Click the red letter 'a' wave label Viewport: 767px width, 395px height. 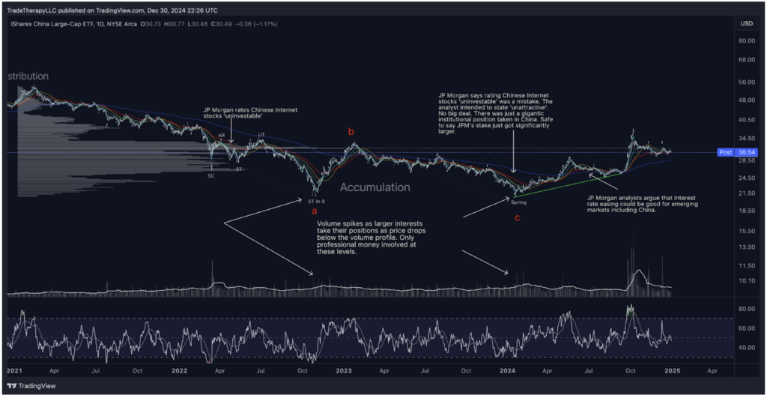[x=314, y=212]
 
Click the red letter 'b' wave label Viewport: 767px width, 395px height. [x=351, y=133]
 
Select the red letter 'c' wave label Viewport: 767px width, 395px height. [x=516, y=218]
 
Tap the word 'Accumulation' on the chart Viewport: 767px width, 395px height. [x=375, y=187]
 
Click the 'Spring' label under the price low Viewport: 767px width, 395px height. [x=519, y=202]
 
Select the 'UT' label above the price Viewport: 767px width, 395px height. [x=261, y=135]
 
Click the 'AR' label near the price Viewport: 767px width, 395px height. [x=222, y=136]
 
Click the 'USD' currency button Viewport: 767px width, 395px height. [x=746, y=23]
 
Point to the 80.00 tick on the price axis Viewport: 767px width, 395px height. [x=745, y=41]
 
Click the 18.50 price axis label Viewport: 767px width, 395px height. [x=745, y=211]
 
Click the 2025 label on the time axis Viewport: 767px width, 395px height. [x=671, y=370]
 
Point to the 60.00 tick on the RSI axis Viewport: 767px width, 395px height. [x=745, y=328]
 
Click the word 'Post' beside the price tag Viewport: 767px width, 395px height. [x=725, y=152]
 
